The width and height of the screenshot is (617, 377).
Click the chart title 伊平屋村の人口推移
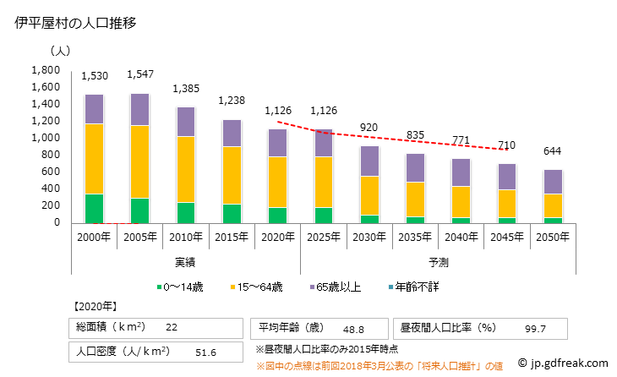[76, 24]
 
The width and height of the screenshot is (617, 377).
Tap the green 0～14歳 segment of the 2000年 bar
[95, 209]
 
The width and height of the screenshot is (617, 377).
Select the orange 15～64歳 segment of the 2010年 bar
[186, 169]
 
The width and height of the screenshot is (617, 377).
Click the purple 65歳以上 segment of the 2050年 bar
[551, 182]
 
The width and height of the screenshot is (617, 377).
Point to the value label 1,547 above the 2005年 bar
[140, 74]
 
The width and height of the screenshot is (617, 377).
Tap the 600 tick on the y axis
[51, 172]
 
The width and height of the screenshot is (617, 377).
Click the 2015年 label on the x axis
[232, 237]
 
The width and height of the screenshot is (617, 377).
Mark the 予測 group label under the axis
[438, 262]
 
